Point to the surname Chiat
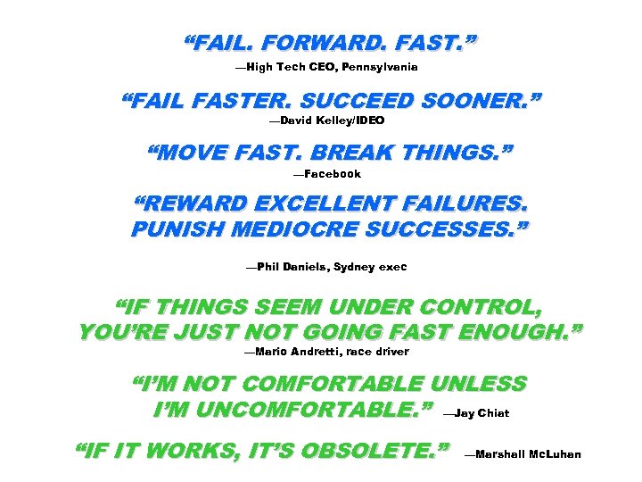tap(494, 413)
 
